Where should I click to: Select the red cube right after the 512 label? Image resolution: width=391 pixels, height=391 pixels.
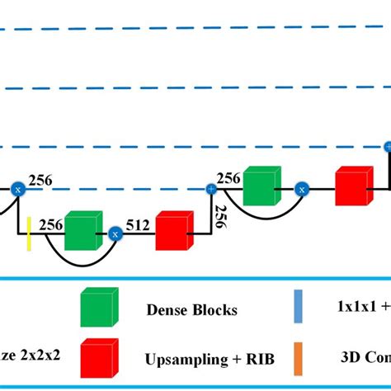[173, 232]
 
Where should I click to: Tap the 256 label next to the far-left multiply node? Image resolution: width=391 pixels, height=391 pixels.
[40, 179]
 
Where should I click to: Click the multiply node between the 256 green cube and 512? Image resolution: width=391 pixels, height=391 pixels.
[115, 235]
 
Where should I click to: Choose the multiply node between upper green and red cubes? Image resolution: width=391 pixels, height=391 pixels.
[302, 190]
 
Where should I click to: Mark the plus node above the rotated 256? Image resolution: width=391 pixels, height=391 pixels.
[211, 190]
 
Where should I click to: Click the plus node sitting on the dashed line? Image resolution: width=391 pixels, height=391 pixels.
[387, 147]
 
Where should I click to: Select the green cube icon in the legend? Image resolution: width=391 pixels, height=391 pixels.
[97, 308]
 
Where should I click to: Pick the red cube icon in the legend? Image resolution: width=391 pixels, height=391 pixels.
[97, 358]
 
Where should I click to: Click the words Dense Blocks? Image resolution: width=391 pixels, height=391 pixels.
[191, 310]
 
